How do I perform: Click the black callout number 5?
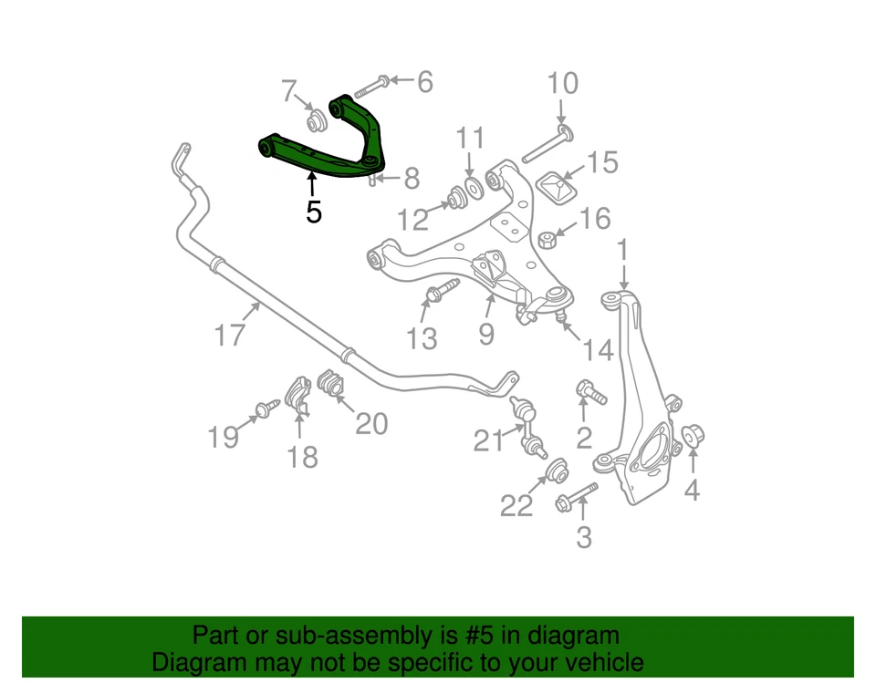314,212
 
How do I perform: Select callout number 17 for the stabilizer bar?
230,336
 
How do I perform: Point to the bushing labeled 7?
318,120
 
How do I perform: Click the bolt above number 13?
438,293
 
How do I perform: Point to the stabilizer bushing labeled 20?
331,385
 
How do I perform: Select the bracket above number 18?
297,395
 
